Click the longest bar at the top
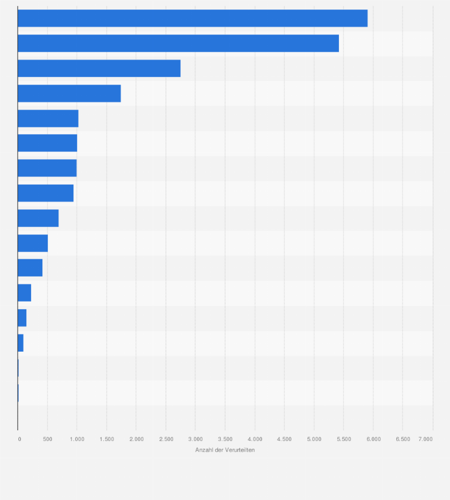pyautogui.click(x=192, y=18)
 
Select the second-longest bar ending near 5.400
pyautogui.click(x=178, y=44)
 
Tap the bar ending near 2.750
pyautogui.click(x=99, y=69)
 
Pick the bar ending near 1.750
pyautogui.click(x=69, y=94)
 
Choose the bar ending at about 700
pyautogui.click(x=38, y=218)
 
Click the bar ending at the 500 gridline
pyautogui.click(x=33, y=243)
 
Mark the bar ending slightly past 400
pyautogui.click(x=30, y=268)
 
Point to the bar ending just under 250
pyautogui.click(x=24, y=293)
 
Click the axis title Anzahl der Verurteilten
pyautogui.click(x=225, y=450)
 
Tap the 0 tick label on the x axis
pyautogui.click(x=20, y=439)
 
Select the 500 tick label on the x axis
pyautogui.click(x=47, y=439)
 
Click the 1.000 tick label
pyautogui.click(x=77, y=439)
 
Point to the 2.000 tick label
pyautogui.click(x=136, y=439)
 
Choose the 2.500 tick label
pyautogui.click(x=166, y=439)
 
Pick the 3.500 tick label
pyautogui.click(x=225, y=439)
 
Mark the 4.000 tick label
pyautogui.click(x=255, y=439)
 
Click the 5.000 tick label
pyautogui.click(x=314, y=439)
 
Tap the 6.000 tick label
pyautogui.click(x=373, y=439)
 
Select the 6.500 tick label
pyautogui.click(x=403, y=439)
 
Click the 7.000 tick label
pyautogui.click(x=426, y=439)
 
